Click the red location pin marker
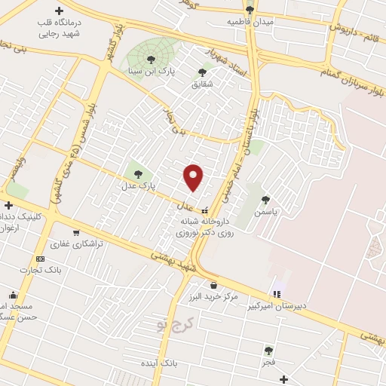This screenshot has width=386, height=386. [x=194, y=177]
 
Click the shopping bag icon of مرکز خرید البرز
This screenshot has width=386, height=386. [x=214, y=285]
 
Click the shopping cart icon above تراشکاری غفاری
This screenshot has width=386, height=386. [x=75, y=232]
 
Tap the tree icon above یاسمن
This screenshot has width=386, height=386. [x=265, y=200]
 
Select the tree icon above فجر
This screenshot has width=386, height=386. [x=268, y=351]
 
